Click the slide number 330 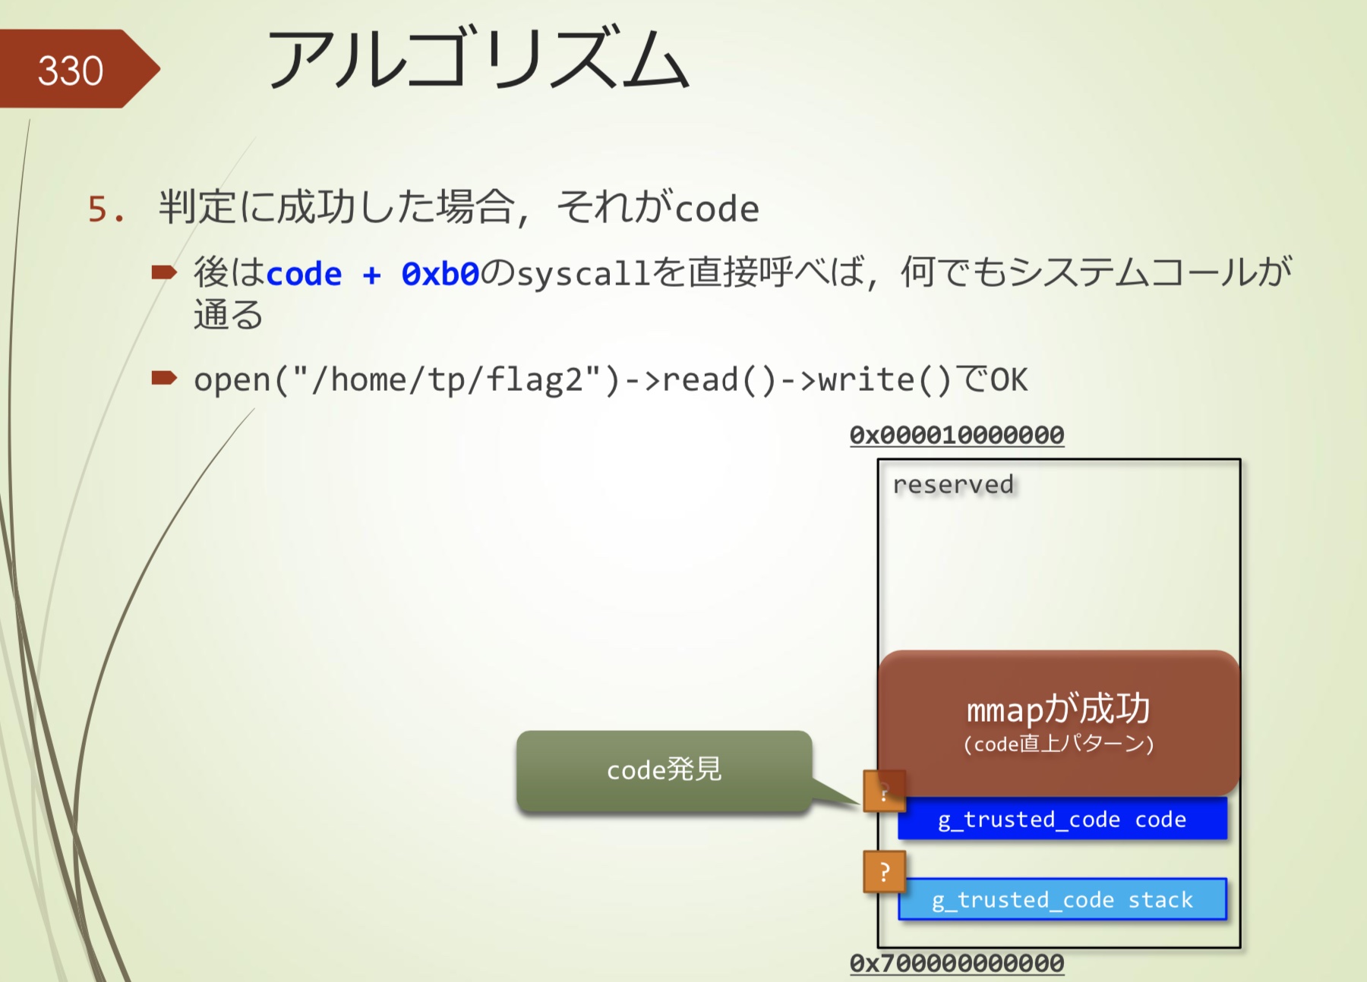coord(71,71)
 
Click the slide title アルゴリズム coord(478,59)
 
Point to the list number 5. coord(106,209)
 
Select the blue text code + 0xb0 coord(373,274)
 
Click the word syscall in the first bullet coord(583,274)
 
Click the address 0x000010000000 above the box coord(957,435)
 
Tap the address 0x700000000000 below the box coord(957,963)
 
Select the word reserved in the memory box coord(953,484)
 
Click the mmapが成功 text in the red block coord(1058,709)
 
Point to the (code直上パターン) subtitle coord(1059,744)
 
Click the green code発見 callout coord(664,770)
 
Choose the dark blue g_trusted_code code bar coord(1062,819)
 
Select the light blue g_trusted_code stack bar coord(1062,899)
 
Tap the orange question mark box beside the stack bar coord(885,872)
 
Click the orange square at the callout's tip coord(885,791)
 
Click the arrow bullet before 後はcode coord(164,272)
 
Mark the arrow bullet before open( coord(164,377)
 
